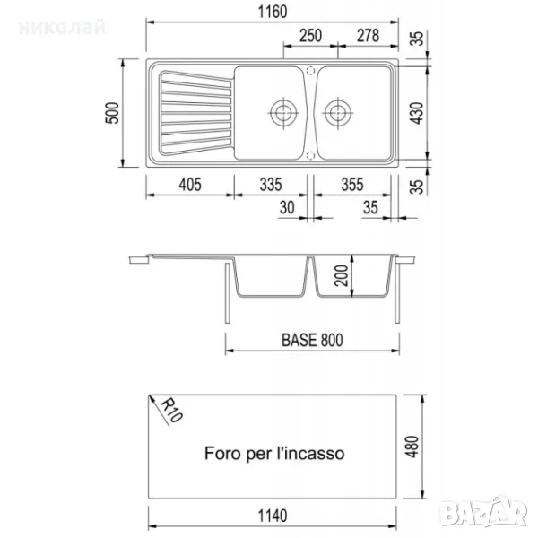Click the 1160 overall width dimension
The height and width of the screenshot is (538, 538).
(x=273, y=12)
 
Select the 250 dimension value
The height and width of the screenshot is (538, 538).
(x=310, y=36)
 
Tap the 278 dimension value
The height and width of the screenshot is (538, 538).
(x=369, y=36)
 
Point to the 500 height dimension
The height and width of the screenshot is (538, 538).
(x=112, y=113)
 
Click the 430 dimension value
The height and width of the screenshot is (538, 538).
(x=417, y=113)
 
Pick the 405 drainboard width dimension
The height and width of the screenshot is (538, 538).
(x=190, y=185)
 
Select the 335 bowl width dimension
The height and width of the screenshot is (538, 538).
(x=271, y=185)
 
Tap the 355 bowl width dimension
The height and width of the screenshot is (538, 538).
(x=352, y=185)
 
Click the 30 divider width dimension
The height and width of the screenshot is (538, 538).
(x=287, y=208)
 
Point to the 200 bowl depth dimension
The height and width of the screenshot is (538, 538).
(x=342, y=275)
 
